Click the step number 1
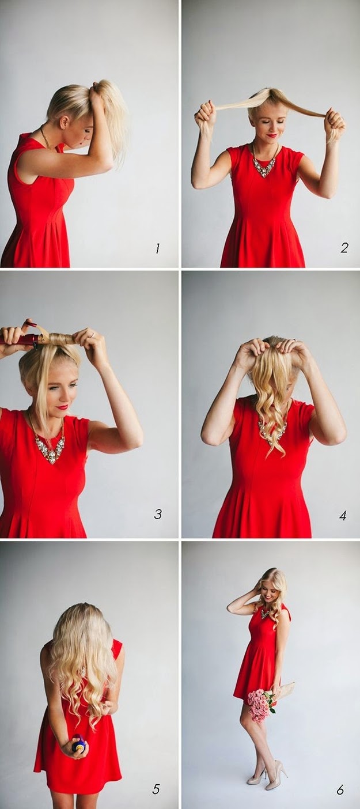point(157,248)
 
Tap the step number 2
point(344,248)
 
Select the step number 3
point(158,513)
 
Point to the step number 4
point(343,515)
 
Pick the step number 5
point(156,789)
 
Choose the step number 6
point(340,789)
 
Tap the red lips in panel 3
point(62,407)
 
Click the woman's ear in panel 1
point(65,122)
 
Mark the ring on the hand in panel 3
point(93,335)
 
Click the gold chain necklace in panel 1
point(46,137)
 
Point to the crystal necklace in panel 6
point(265,613)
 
